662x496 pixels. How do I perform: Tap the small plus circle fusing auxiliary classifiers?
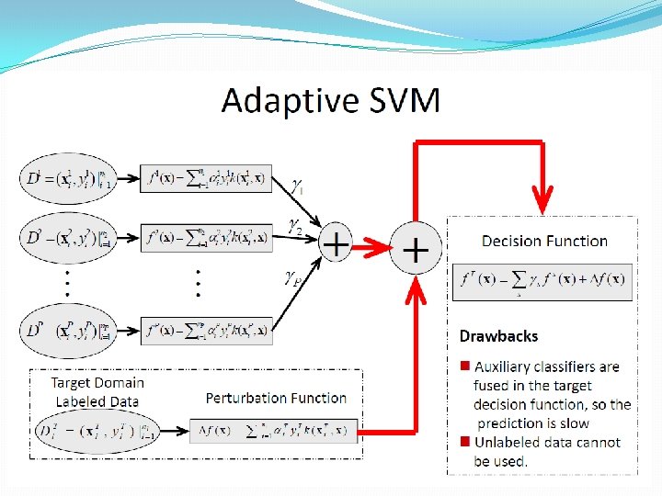(x=337, y=244)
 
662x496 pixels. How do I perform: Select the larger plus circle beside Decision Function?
(x=417, y=249)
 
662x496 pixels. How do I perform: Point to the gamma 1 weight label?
(x=297, y=186)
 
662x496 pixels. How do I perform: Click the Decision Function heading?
(x=544, y=241)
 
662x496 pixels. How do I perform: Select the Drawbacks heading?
(x=498, y=336)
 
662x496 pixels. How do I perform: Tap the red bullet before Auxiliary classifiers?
(x=465, y=366)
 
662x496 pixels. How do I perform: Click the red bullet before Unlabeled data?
(x=465, y=442)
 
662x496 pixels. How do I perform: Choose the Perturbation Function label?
(x=276, y=398)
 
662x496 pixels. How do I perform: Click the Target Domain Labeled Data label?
(x=97, y=391)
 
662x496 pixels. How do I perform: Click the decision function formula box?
(x=542, y=281)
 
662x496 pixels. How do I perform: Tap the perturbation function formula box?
(x=273, y=431)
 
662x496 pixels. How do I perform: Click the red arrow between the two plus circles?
(x=373, y=247)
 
